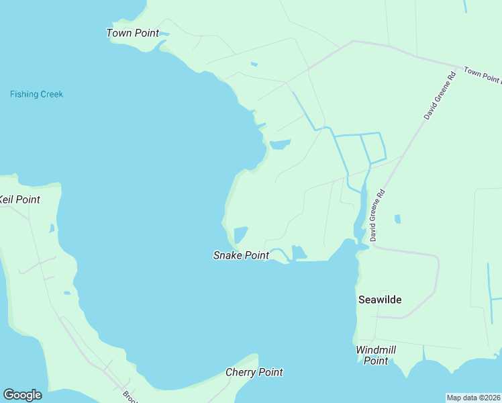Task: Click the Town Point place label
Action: pyautogui.click(x=133, y=33)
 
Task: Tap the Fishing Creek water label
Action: pyautogui.click(x=36, y=94)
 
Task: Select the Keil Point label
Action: pyautogui.click(x=19, y=199)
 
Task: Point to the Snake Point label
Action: pyautogui.click(x=241, y=255)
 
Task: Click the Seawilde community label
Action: pyautogui.click(x=380, y=300)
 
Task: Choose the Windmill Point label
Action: pyautogui.click(x=376, y=355)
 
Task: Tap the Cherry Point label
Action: pyautogui.click(x=254, y=372)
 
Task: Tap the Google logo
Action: pyautogui.click(x=22, y=395)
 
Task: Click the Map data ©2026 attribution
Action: pyautogui.click(x=474, y=397)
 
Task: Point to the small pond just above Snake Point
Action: pyautogui.click(x=240, y=235)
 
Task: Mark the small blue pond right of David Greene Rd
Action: pyautogui.click(x=398, y=219)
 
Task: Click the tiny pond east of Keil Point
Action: pyautogui.click(x=52, y=228)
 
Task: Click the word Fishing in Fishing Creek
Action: pyautogui.click(x=23, y=94)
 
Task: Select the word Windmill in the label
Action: pyautogui.click(x=376, y=350)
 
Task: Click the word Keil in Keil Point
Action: pyautogui.click(x=7, y=199)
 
